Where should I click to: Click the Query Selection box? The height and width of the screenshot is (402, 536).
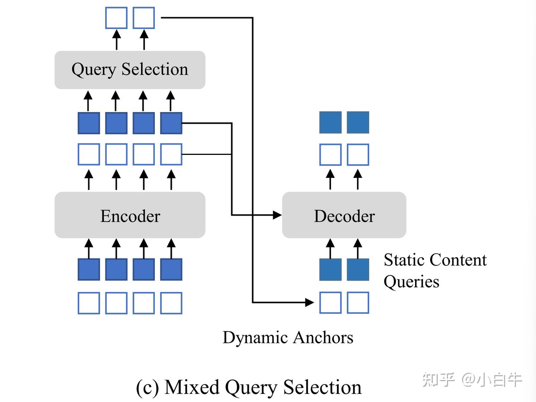pos(130,70)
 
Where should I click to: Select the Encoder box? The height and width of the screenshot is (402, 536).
pos(130,215)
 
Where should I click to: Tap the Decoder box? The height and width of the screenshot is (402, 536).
pos(344,215)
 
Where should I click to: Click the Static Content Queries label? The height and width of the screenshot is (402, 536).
pos(435,271)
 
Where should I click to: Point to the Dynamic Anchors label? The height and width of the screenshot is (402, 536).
pos(288,338)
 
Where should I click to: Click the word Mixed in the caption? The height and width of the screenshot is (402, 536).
pos(192,387)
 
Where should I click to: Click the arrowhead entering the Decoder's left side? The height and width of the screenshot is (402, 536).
pos(277,215)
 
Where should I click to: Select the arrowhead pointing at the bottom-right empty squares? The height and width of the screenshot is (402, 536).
pos(310,302)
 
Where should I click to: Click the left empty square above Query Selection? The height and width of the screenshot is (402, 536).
pos(116,18)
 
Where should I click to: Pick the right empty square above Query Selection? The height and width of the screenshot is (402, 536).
pos(144,18)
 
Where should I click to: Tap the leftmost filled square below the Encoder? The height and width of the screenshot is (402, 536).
pos(89,269)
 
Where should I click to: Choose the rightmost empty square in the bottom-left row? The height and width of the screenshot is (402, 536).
pos(171,303)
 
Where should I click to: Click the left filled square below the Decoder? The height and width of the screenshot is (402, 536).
pos(330,269)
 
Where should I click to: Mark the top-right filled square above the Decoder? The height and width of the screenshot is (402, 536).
pos(358,122)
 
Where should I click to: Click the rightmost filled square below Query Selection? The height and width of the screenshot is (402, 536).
pos(171,123)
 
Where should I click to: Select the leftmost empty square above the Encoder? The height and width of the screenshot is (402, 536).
pos(89,154)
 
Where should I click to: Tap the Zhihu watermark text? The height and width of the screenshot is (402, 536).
pos(472,380)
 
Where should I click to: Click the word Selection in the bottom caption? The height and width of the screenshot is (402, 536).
pos(322,387)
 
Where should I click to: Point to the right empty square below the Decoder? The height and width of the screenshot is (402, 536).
pos(358,303)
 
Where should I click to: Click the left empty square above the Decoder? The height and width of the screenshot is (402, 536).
pos(330,154)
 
